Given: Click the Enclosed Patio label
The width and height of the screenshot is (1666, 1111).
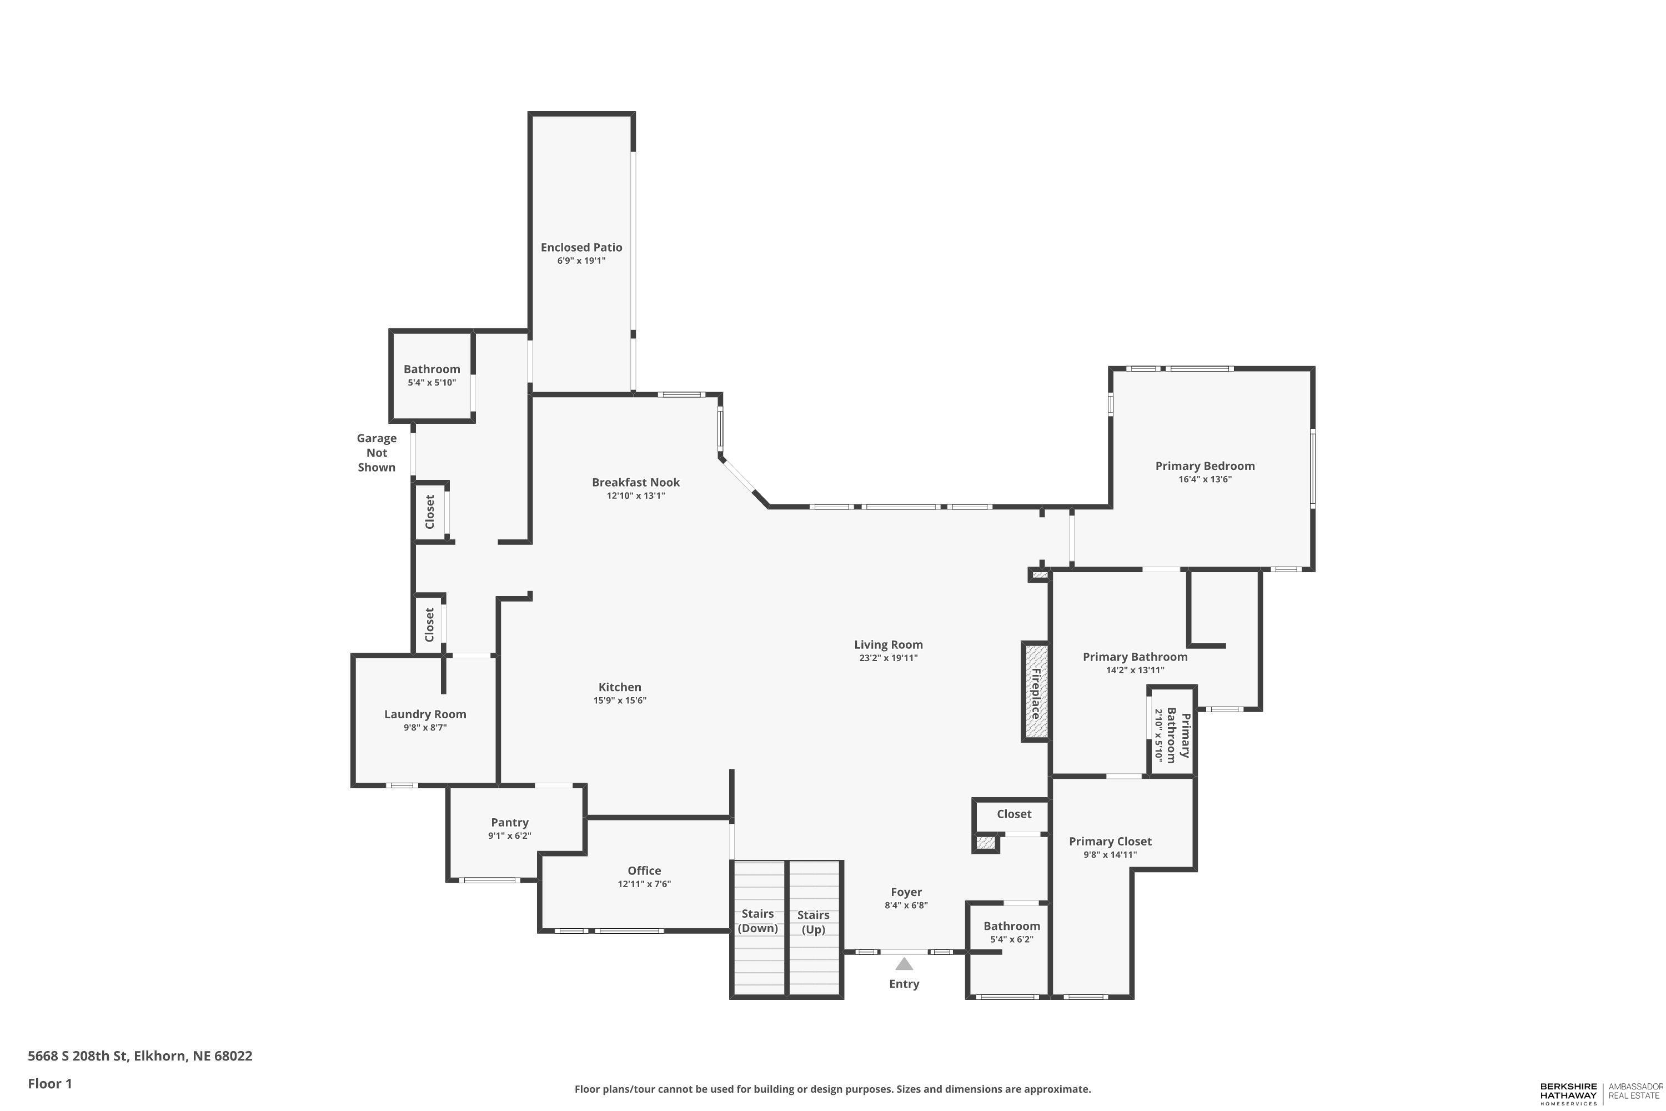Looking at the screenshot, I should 581,247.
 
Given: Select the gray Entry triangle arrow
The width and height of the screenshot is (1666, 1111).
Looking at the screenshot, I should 904,964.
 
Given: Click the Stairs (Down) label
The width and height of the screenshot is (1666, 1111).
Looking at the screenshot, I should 757,921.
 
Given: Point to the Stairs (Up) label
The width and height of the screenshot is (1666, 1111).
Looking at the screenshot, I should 813,922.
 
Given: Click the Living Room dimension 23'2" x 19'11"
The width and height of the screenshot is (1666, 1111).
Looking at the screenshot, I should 888,658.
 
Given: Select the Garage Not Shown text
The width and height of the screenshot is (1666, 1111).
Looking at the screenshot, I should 376,453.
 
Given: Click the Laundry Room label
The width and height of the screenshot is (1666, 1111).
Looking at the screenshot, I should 425,714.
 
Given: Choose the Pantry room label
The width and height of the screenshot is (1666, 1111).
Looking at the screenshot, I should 509,823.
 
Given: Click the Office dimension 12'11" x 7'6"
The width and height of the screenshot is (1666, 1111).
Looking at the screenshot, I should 644,884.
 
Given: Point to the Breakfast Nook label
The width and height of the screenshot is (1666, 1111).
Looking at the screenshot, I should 635,483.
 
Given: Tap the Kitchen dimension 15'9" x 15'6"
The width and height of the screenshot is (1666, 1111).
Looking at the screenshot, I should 620,700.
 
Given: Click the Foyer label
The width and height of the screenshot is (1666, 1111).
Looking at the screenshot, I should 906,892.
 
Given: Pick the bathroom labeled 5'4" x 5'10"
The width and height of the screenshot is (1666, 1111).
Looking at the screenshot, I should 431,376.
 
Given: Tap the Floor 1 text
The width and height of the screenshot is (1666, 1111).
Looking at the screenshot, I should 49,1083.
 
